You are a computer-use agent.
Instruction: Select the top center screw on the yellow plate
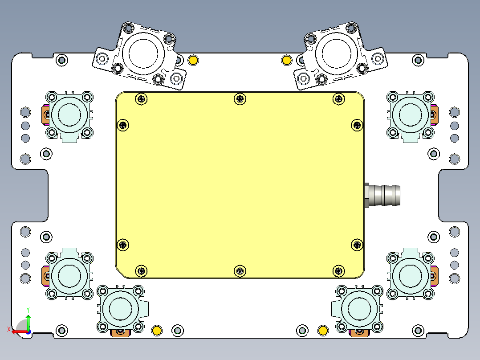tap(240, 99)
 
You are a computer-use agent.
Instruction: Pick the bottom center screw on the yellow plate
tap(240, 270)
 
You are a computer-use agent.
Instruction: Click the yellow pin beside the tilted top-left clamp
tap(193, 60)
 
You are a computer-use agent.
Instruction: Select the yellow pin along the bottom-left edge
tap(157, 330)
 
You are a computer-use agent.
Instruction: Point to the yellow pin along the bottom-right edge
tap(323, 330)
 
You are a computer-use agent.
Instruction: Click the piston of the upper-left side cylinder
tap(69, 115)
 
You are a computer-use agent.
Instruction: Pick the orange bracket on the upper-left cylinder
tap(45, 115)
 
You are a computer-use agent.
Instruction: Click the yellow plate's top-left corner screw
tap(142, 99)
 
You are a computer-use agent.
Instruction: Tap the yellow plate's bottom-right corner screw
tap(339, 270)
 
